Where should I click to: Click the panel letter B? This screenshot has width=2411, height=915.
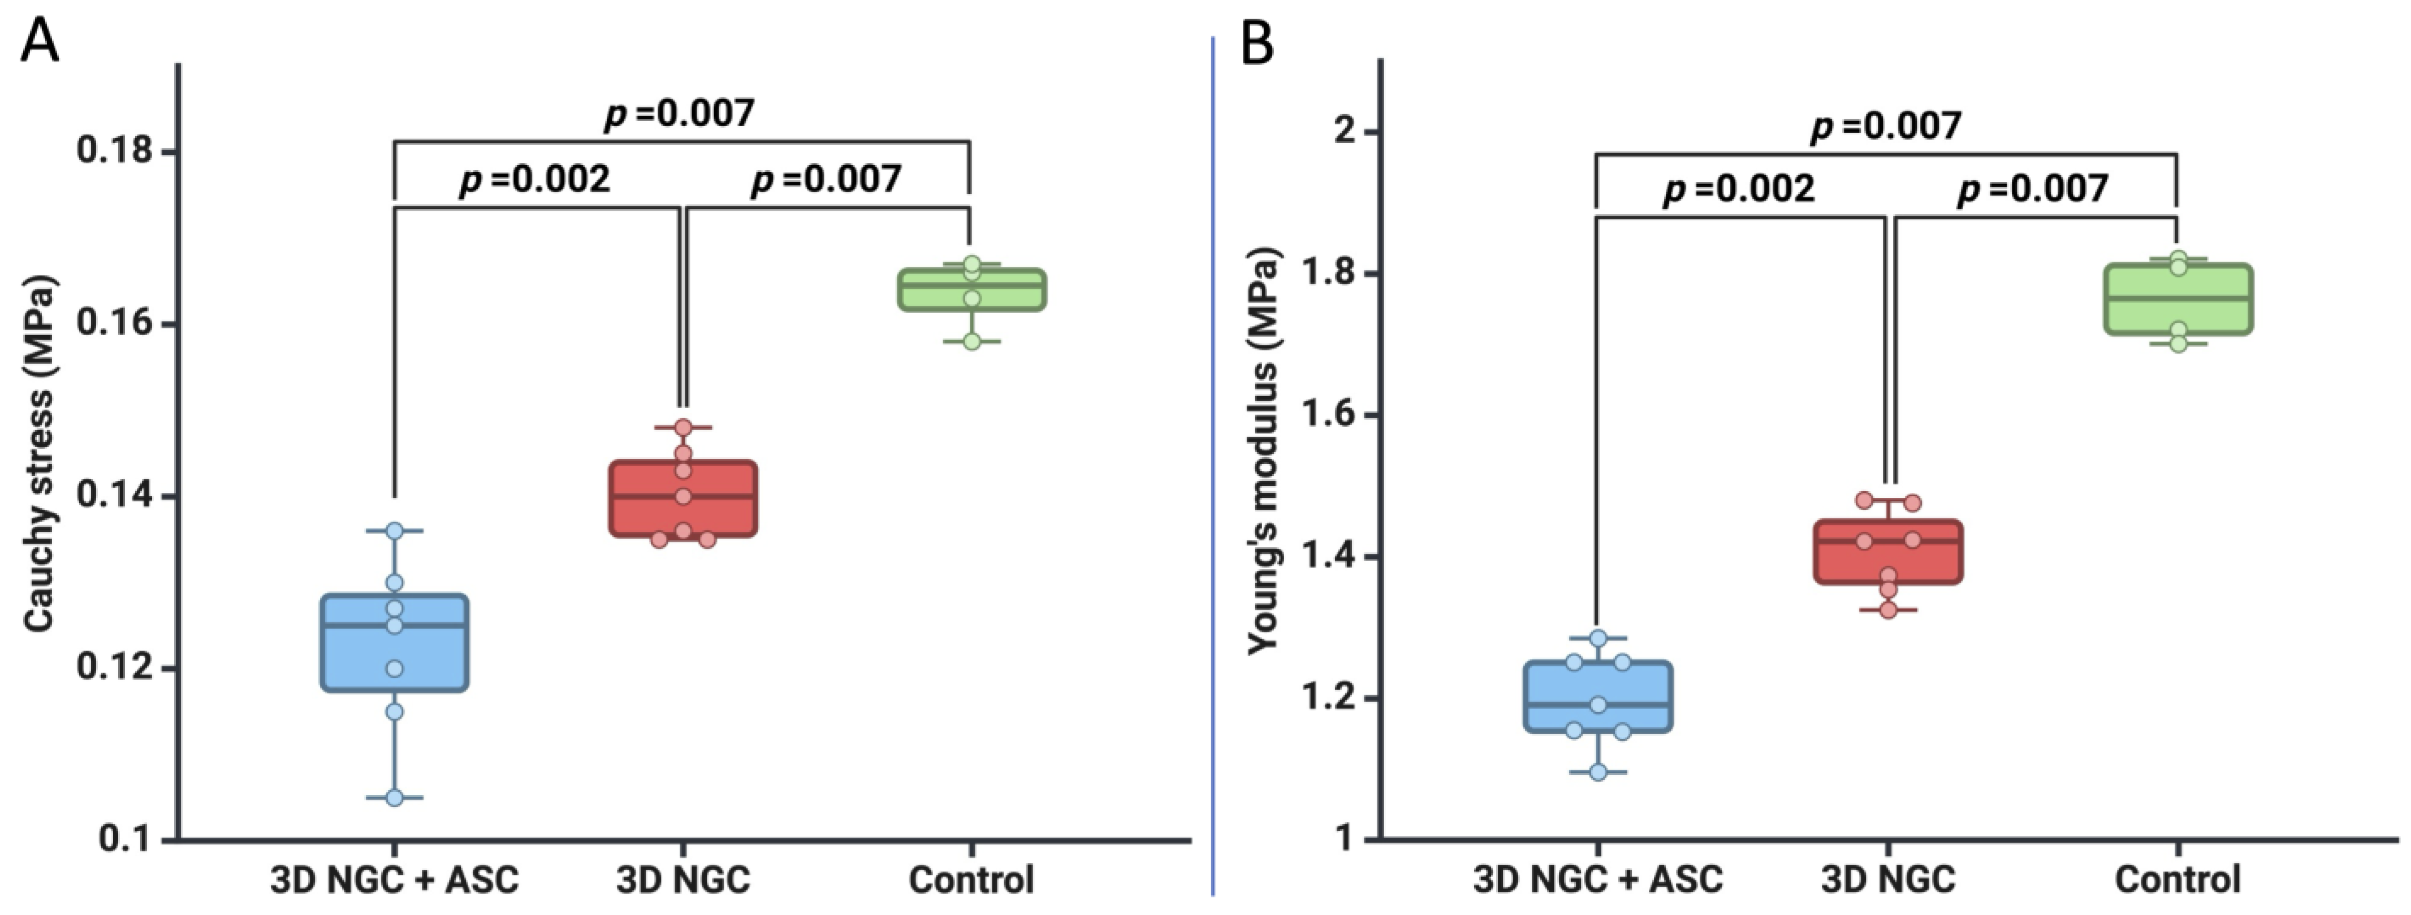click(x=1257, y=42)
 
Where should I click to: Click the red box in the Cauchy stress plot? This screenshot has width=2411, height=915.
click(x=683, y=498)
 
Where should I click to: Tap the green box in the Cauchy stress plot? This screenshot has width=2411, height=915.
click(x=971, y=289)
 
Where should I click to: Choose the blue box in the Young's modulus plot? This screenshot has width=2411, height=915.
click(x=1598, y=697)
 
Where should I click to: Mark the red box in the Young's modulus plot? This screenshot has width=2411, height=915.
click(x=1889, y=552)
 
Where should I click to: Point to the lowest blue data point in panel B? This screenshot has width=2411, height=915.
click(x=1598, y=772)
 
